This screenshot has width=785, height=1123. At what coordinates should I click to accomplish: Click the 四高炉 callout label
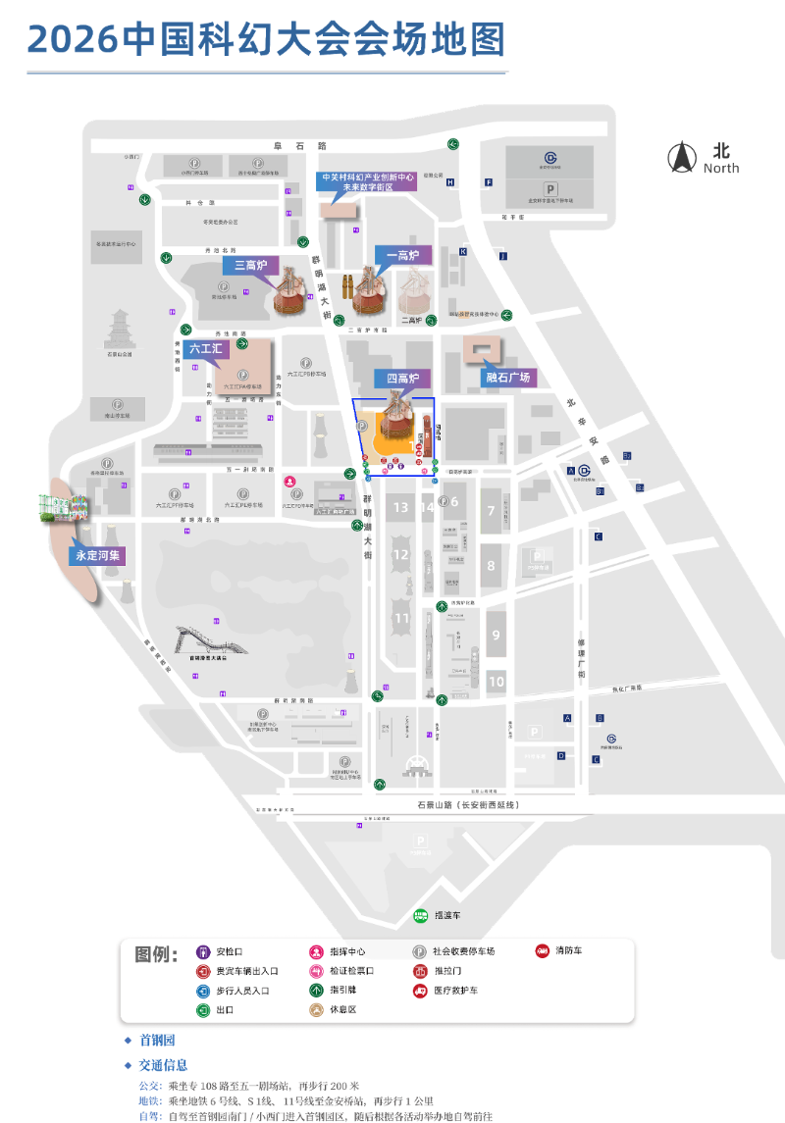[400, 378]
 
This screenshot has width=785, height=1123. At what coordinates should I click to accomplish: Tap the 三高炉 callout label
[250, 265]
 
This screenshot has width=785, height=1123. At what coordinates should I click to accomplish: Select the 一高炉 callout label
[402, 256]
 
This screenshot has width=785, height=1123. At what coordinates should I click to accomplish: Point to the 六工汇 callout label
[206, 348]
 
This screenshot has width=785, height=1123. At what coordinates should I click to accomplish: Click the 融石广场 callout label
[508, 377]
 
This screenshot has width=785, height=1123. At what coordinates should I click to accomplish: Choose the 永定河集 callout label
[100, 555]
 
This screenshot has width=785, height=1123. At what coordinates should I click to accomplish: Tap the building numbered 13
[400, 507]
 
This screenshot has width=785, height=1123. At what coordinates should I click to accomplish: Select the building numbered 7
[491, 511]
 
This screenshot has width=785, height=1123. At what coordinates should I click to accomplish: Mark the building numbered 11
[401, 618]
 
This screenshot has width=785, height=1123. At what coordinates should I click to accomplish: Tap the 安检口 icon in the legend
[203, 951]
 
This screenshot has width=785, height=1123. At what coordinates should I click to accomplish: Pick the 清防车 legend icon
[542, 950]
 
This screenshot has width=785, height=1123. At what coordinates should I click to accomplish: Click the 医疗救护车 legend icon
[420, 991]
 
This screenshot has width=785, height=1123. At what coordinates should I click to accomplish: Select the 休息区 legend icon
[317, 1010]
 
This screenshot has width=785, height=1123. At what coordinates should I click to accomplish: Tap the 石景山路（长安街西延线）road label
[465, 804]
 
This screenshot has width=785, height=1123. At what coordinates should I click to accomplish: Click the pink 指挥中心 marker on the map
[290, 482]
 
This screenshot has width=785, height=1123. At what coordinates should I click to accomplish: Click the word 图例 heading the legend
[155, 954]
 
